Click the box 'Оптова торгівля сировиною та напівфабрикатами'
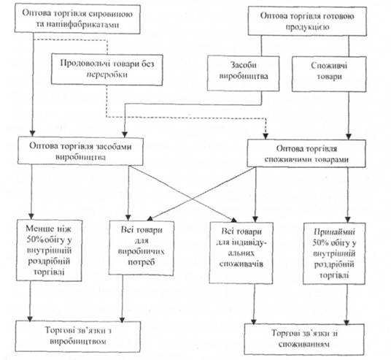pyautogui.click(x=77, y=19)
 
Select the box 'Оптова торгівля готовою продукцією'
pyautogui.click(x=307, y=21)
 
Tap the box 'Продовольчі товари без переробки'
pyautogui.click(x=107, y=69)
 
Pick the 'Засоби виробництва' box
pyautogui.click(x=243, y=73)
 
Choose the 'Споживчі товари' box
pyautogui.click(x=329, y=74)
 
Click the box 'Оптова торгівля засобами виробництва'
pyautogui.click(x=80, y=151)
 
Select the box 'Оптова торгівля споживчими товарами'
pyautogui.click(x=306, y=153)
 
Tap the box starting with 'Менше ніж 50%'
pyautogui.click(x=49, y=250)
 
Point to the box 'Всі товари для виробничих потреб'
pyautogui.click(x=141, y=248)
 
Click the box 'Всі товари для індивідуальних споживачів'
pyautogui.click(x=241, y=253)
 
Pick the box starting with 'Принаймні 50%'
pyautogui.click(x=334, y=253)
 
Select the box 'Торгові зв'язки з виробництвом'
pyautogui.click(x=78, y=337)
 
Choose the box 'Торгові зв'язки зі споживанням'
pyautogui.click(x=304, y=340)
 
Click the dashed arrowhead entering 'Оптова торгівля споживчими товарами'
pyautogui.click(x=266, y=137)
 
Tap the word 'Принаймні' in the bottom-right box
pyautogui.click(x=334, y=232)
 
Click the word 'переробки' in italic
pyautogui.click(x=107, y=74)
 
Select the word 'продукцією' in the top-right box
pyautogui.click(x=307, y=27)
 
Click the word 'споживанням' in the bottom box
pyautogui.click(x=304, y=344)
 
